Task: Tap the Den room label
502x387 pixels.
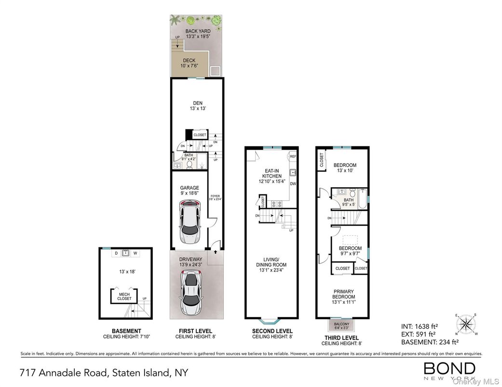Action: pyautogui.click(x=198, y=105)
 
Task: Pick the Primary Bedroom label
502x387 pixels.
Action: pyautogui.click(x=343, y=294)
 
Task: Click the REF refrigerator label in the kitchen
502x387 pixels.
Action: pyautogui.click(x=293, y=156)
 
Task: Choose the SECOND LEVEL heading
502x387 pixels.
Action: pyautogui.click(x=272, y=331)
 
